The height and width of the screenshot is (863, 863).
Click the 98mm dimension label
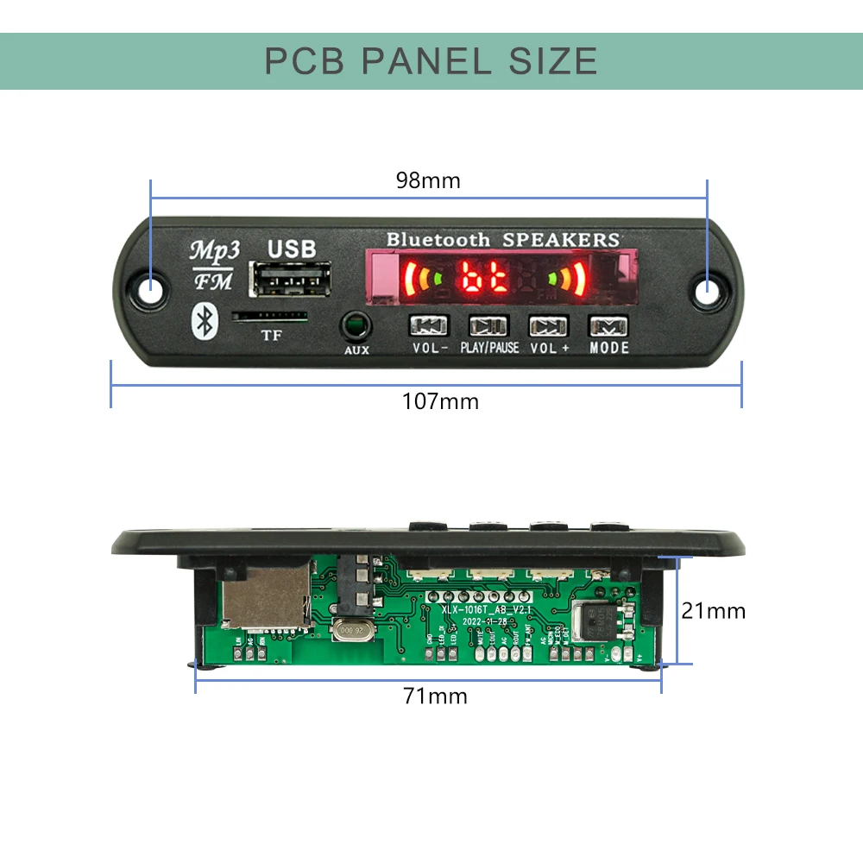click(428, 181)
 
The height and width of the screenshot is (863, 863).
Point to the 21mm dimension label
click(713, 611)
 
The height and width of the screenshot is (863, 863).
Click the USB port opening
click(289, 279)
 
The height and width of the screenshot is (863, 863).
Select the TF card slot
click(270, 317)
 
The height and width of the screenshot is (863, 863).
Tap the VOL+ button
click(550, 326)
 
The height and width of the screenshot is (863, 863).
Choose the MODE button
click(609, 326)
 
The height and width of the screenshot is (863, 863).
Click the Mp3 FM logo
click(213, 263)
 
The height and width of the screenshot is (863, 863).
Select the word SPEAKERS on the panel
click(561, 240)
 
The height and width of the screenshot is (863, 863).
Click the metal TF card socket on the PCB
click(266, 597)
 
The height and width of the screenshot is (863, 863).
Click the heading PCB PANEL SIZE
click(431, 61)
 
